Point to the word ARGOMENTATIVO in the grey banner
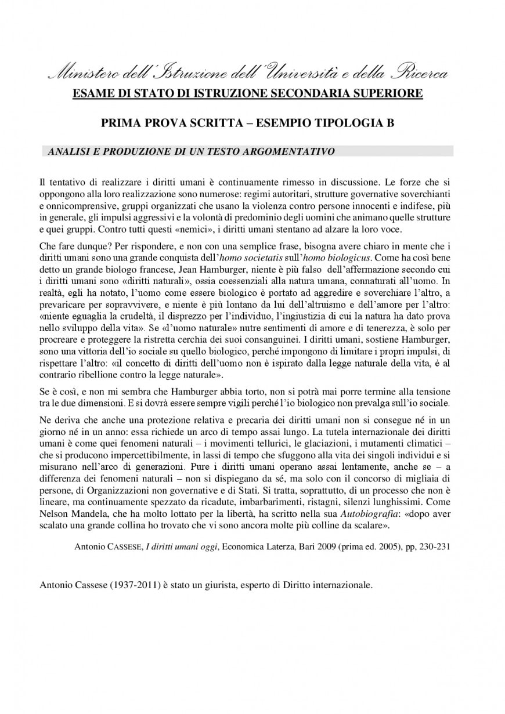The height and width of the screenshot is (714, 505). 293,151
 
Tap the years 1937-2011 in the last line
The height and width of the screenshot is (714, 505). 130,585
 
